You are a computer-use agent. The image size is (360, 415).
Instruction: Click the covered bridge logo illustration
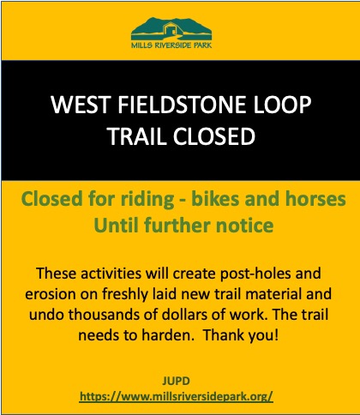coord(171,28)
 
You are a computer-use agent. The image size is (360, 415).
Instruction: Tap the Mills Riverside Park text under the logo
coord(171,45)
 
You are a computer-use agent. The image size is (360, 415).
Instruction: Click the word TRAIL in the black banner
coord(137,136)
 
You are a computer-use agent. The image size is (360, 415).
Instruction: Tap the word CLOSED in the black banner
coord(213,136)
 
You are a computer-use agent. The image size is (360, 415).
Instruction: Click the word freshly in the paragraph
coord(125,295)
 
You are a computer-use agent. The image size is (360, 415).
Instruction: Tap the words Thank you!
coord(241,335)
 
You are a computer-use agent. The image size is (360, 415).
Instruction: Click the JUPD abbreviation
coord(176,382)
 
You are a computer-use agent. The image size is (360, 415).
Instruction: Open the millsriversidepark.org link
coord(177,397)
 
